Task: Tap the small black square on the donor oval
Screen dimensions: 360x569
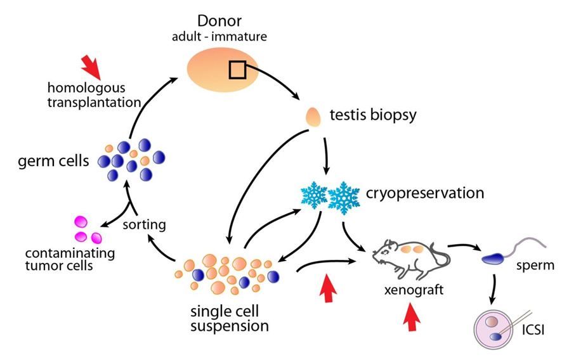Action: pyautogui.click(x=237, y=70)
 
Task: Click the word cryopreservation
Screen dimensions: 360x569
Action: pyautogui.click(x=425, y=193)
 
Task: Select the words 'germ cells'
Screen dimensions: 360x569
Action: pyautogui.click(x=53, y=160)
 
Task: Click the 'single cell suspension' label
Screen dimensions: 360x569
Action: pyautogui.click(x=230, y=319)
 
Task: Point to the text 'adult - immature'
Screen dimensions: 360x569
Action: pyautogui.click(x=219, y=36)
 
